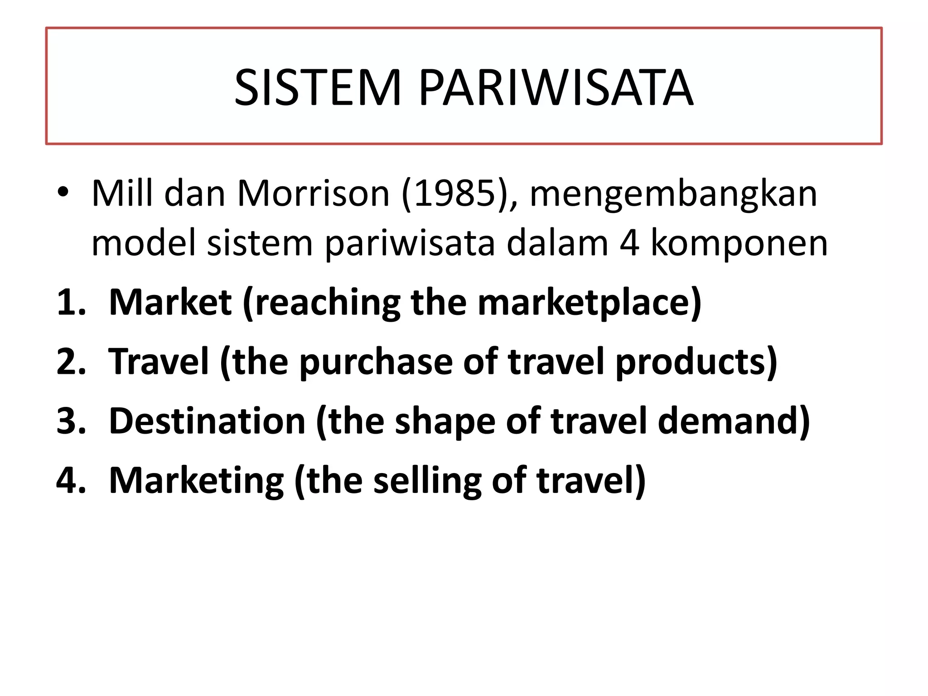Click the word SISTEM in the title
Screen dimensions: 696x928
pos(318,88)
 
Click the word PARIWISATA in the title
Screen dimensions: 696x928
pos(556,88)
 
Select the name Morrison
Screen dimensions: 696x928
pos(313,194)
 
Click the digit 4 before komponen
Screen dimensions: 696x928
pos(629,243)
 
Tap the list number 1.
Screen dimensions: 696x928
pos(70,303)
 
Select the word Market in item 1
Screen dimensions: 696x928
pos(170,303)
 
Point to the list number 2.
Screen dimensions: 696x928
pos(71,362)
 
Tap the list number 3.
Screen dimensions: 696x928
pos(71,421)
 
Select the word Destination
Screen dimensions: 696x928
pos(208,421)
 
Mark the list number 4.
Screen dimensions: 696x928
pos(71,480)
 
